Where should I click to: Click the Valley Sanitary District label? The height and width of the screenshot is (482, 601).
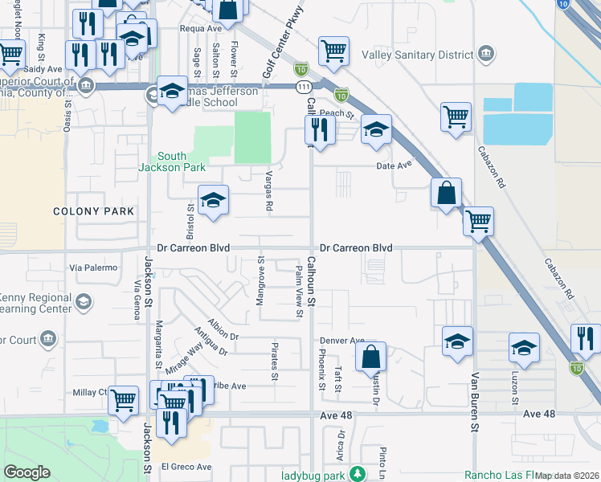click(x=419, y=55)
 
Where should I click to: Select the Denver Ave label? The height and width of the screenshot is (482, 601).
click(x=342, y=340)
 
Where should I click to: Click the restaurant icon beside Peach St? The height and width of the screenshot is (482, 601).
click(x=321, y=129)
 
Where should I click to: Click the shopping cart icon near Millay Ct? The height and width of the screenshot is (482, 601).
click(x=123, y=399)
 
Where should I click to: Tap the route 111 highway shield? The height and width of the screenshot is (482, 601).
click(x=300, y=69)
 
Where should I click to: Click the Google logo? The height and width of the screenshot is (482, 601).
click(x=27, y=472)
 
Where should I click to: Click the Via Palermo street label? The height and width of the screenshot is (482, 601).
click(x=93, y=267)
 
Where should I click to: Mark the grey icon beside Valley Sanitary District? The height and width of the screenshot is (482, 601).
click(x=485, y=54)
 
